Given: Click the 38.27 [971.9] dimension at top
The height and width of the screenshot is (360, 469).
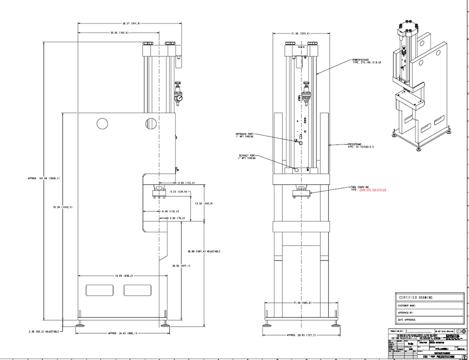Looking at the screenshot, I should pos(126,23).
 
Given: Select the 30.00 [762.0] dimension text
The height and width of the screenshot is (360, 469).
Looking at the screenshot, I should pos(119,33).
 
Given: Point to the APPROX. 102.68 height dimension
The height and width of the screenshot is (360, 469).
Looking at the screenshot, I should pos(44,178).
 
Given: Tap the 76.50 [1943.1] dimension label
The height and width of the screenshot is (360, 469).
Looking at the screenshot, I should pos(62,207).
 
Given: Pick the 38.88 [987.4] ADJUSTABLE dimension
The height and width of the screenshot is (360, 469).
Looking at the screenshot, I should pos(203,252).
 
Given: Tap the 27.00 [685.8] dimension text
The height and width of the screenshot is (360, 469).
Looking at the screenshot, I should pos(303,303).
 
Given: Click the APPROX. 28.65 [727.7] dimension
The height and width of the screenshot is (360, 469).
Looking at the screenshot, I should pos(302,335).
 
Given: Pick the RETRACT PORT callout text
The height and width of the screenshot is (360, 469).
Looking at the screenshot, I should pos(247,156).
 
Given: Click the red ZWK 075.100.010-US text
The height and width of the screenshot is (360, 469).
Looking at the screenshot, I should pos(372,190).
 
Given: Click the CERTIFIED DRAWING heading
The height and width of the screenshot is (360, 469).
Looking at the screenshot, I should pos(416,297).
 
